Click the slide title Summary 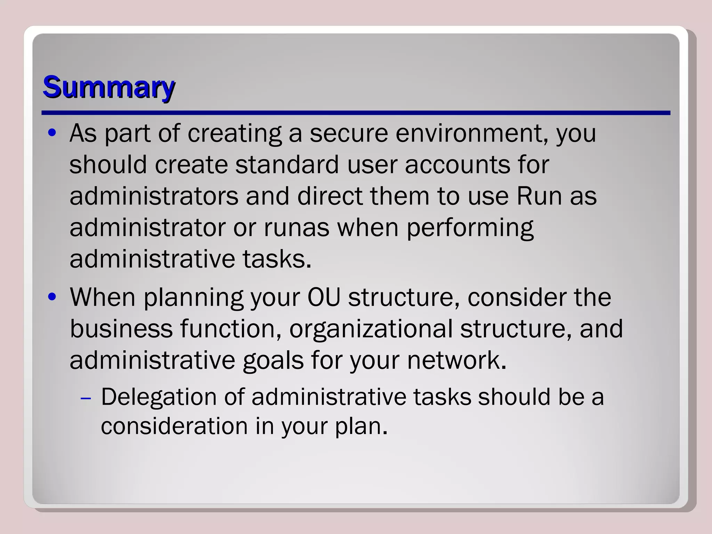click(108, 87)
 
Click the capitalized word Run click(539, 196)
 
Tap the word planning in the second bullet click(193, 298)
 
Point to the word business click(121, 329)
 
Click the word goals click(273, 361)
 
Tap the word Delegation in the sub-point click(159, 397)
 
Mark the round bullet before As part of click(52, 133)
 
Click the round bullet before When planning click(52, 298)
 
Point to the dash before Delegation click(85, 398)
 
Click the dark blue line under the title click(356, 113)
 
